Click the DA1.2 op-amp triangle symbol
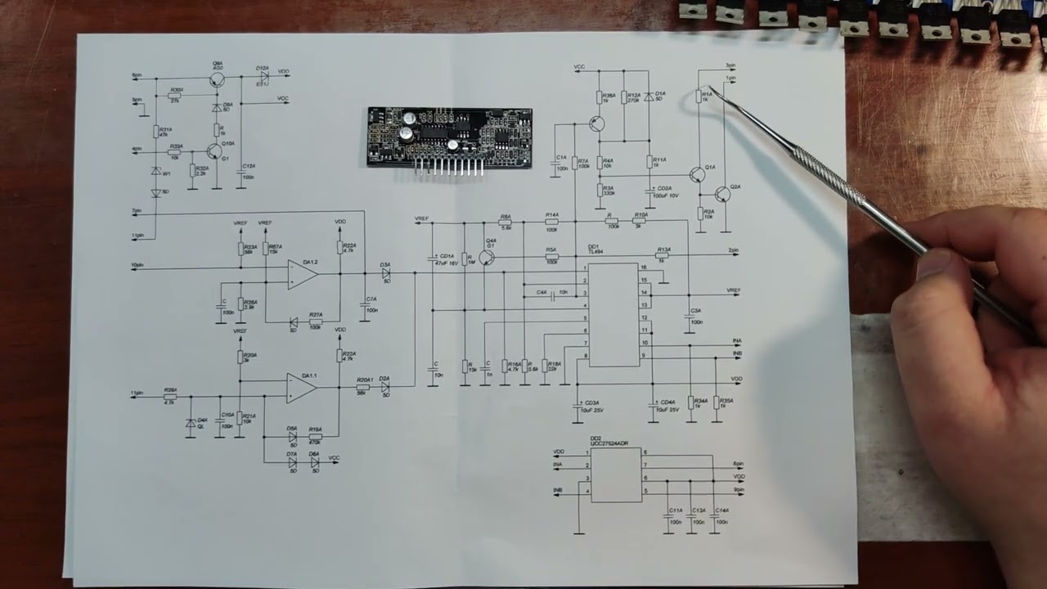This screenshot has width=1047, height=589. (x=301, y=275)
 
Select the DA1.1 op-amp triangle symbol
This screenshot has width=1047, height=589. (x=301, y=388)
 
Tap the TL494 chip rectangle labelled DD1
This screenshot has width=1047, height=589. (x=613, y=314)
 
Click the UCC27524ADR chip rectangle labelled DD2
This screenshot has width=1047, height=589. (x=615, y=474)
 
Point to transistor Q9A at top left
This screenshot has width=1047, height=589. (x=217, y=79)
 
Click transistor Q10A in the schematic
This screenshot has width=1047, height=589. (x=214, y=151)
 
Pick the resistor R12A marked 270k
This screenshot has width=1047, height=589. (x=624, y=97)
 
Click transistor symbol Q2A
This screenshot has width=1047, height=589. (x=721, y=194)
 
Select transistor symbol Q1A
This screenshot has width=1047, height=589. (x=697, y=174)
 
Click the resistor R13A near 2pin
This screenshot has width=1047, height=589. (x=663, y=255)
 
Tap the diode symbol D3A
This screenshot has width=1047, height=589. (x=386, y=273)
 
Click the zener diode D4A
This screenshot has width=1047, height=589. (x=191, y=424)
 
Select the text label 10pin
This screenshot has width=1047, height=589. (x=137, y=266)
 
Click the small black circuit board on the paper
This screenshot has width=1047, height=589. (x=449, y=137)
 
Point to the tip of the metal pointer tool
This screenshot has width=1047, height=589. (x=710, y=88)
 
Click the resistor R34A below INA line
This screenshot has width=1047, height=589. (x=691, y=402)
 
